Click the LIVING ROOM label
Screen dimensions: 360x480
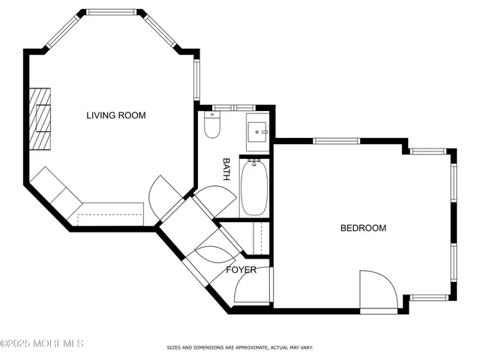click(x=115, y=115)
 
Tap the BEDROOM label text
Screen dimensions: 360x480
click(x=363, y=228)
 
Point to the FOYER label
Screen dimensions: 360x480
click(x=241, y=269)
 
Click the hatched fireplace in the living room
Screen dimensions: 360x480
click(x=40, y=119)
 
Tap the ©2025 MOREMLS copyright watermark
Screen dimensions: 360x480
click(x=42, y=343)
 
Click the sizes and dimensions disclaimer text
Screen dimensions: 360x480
click(x=239, y=348)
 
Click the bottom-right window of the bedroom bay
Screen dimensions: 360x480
click(x=430, y=298)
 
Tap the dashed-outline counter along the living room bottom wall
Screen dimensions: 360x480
click(x=109, y=213)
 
